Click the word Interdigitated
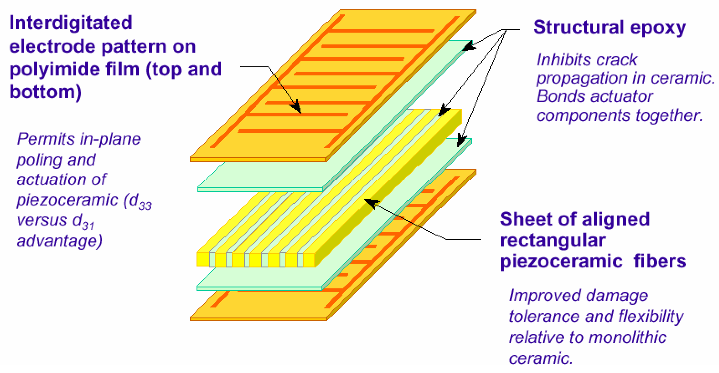click(71, 23)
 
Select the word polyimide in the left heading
click(54, 69)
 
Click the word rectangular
click(553, 240)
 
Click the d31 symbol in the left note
click(83, 222)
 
